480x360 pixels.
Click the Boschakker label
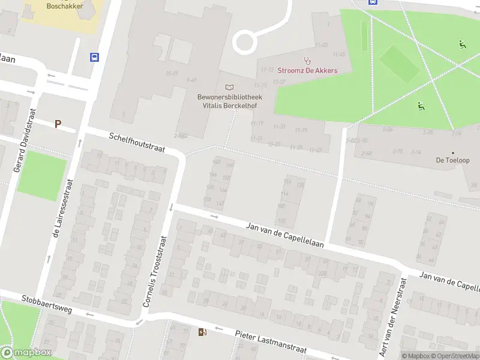tap(65, 6)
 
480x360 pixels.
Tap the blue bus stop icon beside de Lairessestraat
tap(95, 57)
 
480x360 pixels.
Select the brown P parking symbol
tap(58, 124)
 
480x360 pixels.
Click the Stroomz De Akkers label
tap(307, 70)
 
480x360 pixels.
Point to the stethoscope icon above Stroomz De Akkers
tap(308, 60)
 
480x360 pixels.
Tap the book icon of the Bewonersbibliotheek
tap(229, 88)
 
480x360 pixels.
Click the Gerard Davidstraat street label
tap(25, 139)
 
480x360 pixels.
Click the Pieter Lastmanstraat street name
tap(271, 342)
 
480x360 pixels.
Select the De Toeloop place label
tap(453, 161)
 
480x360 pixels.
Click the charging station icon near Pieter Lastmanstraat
tap(202, 332)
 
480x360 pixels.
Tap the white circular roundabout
tap(245, 42)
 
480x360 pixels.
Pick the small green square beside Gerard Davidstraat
tap(41, 172)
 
